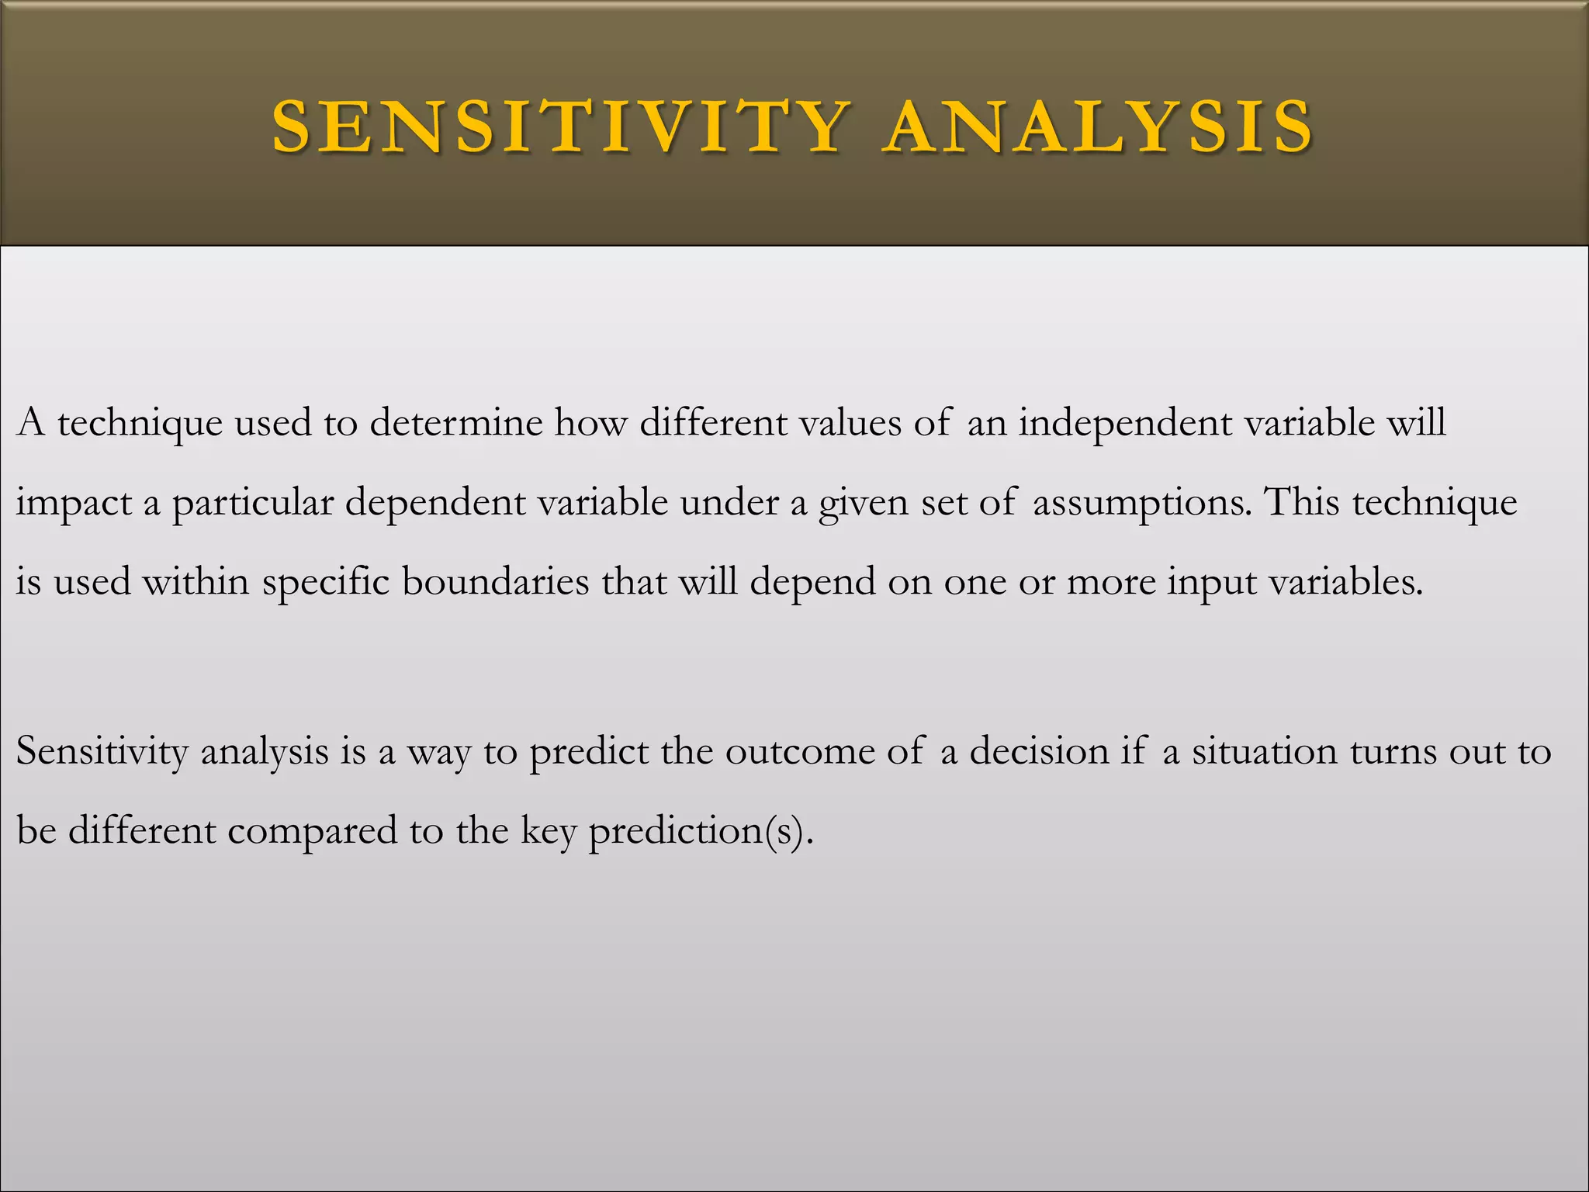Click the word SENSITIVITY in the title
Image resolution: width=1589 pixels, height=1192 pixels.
pyautogui.click(x=559, y=126)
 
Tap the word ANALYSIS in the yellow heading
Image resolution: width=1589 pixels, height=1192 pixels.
pyautogui.click(x=1100, y=126)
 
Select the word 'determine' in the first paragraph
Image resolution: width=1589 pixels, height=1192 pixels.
pyautogui.click(x=456, y=423)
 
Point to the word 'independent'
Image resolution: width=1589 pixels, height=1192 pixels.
pyautogui.click(x=1125, y=423)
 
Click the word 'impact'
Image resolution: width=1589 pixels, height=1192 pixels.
pyautogui.click(x=74, y=504)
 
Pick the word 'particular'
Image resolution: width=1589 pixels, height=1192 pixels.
pyautogui.click(x=253, y=504)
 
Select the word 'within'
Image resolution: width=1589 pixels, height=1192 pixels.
pyautogui.click(x=196, y=581)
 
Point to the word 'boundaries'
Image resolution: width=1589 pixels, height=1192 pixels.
pyautogui.click(x=495, y=581)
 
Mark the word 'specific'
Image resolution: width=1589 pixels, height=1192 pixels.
pyautogui.click(x=326, y=583)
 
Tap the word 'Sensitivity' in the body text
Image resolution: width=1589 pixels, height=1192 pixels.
pyautogui.click(x=102, y=751)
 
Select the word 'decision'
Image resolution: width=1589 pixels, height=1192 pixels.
pyautogui.click(x=1040, y=751)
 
